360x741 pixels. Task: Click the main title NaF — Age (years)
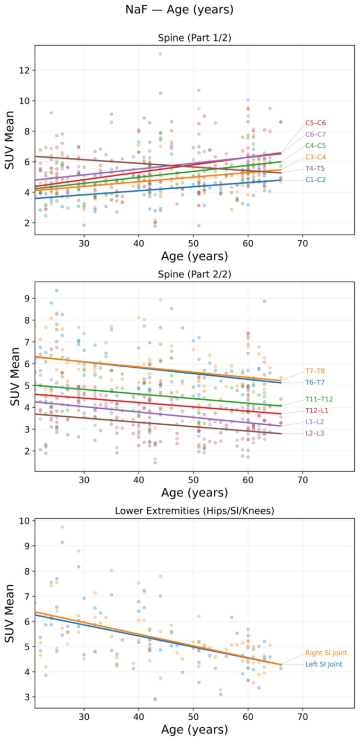click(179, 10)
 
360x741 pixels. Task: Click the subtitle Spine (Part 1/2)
click(195, 38)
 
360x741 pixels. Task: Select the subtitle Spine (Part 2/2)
click(195, 274)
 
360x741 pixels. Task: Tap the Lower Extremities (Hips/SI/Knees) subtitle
click(195, 511)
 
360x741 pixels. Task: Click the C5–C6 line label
click(315, 123)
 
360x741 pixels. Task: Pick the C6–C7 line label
click(315, 134)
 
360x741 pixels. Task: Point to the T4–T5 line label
click(315, 169)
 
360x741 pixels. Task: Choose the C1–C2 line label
click(315, 180)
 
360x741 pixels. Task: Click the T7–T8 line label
click(315, 371)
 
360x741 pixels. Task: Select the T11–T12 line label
click(319, 399)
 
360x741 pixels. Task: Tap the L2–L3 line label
click(315, 433)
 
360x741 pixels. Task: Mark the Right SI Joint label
click(326, 653)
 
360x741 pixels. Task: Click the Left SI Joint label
click(324, 664)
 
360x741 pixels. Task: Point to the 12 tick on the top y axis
click(26, 70)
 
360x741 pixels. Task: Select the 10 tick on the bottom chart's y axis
click(26, 521)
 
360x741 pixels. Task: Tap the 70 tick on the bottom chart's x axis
click(303, 717)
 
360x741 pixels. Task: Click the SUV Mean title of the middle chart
click(14, 376)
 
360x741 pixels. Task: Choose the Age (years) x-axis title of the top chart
click(195, 256)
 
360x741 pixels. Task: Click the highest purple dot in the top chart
click(161, 54)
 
